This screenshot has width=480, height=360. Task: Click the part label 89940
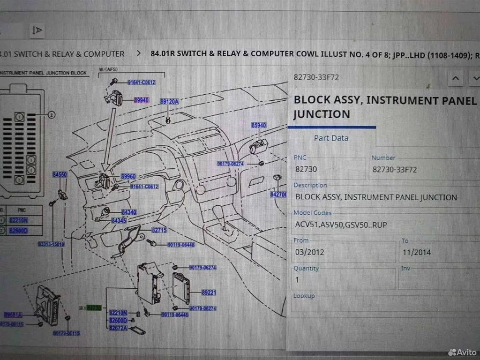click(x=141, y=100)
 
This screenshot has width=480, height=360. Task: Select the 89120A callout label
click(x=169, y=101)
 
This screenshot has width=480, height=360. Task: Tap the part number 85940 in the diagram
click(x=258, y=125)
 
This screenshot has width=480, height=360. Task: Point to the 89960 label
click(x=128, y=176)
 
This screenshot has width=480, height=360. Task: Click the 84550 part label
click(x=60, y=174)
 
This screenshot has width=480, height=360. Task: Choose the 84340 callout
click(x=129, y=212)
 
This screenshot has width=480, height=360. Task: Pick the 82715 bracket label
click(x=159, y=230)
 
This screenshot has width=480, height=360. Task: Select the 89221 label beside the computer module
click(x=209, y=292)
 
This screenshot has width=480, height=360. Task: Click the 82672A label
click(x=118, y=328)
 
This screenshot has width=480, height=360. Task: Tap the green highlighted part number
click(x=93, y=308)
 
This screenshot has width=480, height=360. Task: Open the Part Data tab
click(x=331, y=138)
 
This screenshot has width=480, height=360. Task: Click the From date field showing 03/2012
click(x=343, y=253)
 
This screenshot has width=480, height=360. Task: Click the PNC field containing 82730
click(x=329, y=169)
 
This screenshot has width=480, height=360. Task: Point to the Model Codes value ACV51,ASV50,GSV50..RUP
click(x=341, y=225)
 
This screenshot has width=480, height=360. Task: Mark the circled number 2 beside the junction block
click(x=51, y=114)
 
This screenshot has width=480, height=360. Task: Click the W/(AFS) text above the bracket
click(x=108, y=70)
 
